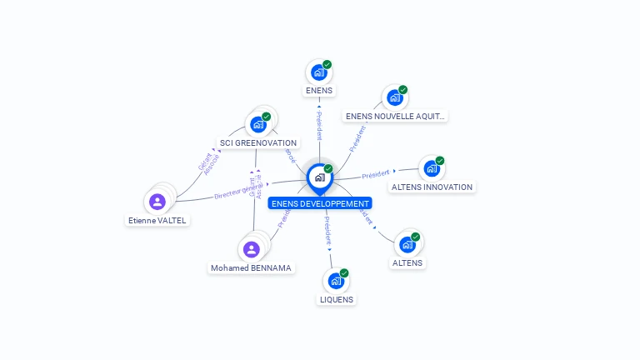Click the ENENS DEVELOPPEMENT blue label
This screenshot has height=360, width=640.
pyautogui.click(x=320, y=203)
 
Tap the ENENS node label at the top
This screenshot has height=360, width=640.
pyautogui.click(x=318, y=90)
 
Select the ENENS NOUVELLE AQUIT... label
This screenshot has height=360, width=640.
pyautogui.click(x=395, y=117)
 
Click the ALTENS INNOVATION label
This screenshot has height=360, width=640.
pyautogui.click(x=432, y=187)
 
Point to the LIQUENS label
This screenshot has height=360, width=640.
pyautogui.click(x=337, y=299)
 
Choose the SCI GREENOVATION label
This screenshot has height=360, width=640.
pyautogui.click(x=258, y=143)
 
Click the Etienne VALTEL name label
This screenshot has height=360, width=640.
pyautogui.click(x=157, y=221)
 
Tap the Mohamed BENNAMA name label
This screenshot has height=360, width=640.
pyautogui.click(x=252, y=268)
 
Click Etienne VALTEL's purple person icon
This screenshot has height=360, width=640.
pyautogui.click(x=157, y=201)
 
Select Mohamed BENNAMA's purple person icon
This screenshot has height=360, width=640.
pyautogui.click(x=252, y=248)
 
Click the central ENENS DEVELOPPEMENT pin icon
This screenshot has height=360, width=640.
pyautogui.click(x=319, y=177)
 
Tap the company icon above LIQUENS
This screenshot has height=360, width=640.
pyautogui.click(x=336, y=281)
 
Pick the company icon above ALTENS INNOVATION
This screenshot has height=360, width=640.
pyautogui.click(x=431, y=168)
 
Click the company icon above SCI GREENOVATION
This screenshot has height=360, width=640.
pyautogui.click(x=257, y=124)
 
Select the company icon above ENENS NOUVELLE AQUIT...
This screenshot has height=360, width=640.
pyautogui.click(x=395, y=97)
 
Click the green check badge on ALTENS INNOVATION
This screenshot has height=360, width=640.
pyautogui.click(x=440, y=161)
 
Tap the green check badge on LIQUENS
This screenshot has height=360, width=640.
pyautogui.click(x=344, y=273)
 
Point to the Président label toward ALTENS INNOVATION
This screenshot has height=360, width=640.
pyautogui.click(x=376, y=174)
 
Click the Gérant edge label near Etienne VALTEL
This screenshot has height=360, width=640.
pyautogui.click(x=205, y=162)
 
